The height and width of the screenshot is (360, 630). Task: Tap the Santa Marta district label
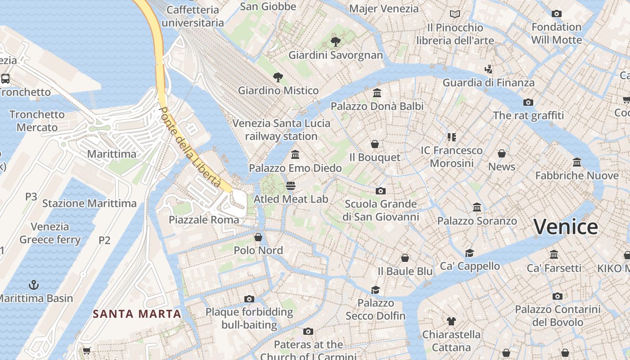click(x=137, y=314)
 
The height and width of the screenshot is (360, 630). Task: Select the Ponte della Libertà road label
click(x=191, y=147)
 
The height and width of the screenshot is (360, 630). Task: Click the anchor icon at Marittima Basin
click(x=33, y=284)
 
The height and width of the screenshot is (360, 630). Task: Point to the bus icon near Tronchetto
click(x=5, y=79)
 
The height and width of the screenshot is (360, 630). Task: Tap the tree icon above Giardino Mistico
click(x=278, y=77)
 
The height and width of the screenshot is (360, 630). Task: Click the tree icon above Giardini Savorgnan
click(x=335, y=42)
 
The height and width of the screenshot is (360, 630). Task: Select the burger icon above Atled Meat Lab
click(x=291, y=186)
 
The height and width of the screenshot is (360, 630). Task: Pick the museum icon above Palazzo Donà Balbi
click(x=377, y=93)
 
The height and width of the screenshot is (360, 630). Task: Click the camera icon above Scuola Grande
click(x=380, y=191)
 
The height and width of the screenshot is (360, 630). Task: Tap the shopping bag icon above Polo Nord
click(x=258, y=237)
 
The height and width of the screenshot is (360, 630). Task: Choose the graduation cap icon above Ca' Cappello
click(x=470, y=253)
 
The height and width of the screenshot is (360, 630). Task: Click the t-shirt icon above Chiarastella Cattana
click(x=451, y=321)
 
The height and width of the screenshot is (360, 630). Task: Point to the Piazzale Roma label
click(x=204, y=220)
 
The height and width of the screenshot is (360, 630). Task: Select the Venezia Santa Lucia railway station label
click(x=281, y=130)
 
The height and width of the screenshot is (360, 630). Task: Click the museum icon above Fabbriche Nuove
click(x=577, y=162)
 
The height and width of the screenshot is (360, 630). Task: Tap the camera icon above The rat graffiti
click(x=528, y=102)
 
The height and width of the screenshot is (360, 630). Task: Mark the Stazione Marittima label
click(x=89, y=203)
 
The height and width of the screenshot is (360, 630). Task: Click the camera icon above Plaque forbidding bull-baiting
click(x=249, y=299)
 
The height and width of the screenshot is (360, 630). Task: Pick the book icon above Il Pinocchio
click(x=455, y=14)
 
